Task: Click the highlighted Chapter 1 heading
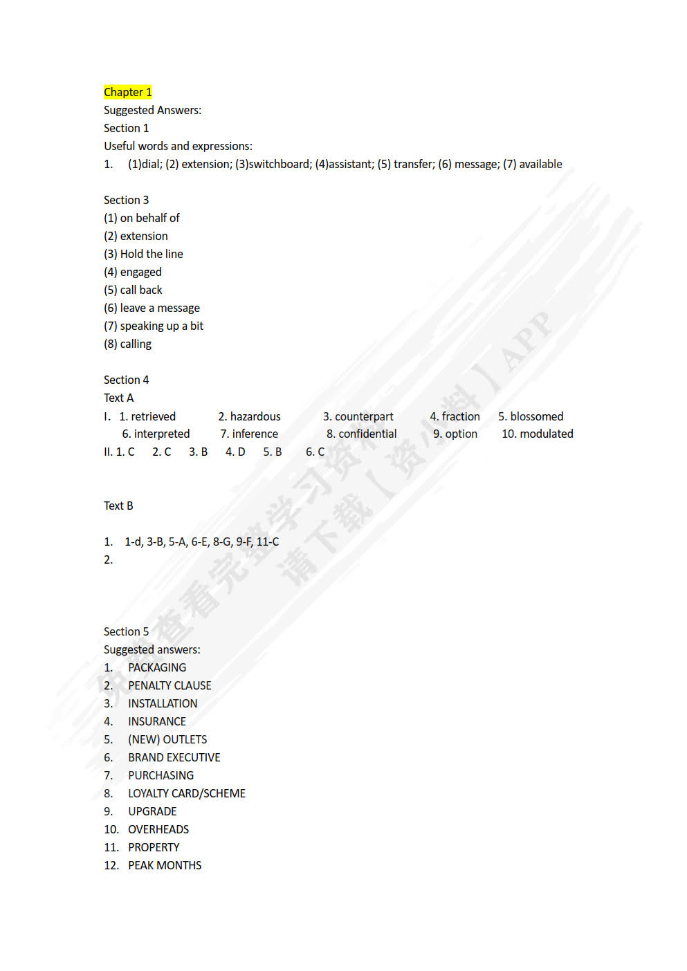[x=127, y=92]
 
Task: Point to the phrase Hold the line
[x=152, y=254]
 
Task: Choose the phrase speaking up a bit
[x=161, y=326]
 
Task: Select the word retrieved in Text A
[x=153, y=416]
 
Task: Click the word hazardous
[x=255, y=416]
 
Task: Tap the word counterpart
[x=364, y=416]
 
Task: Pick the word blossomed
[x=536, y=416]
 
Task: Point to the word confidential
[x=367, y=434]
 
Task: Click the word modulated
[x=546, y=434]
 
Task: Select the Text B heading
[x=118, y=506]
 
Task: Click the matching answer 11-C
[x=268, y=542]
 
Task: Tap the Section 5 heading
[x=126, y=631]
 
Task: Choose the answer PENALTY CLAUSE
[x=170, y=685]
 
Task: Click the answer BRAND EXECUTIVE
[x=174, y=757]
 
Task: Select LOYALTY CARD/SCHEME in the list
[x=186, y=793]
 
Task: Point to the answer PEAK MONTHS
[x=165, y=865]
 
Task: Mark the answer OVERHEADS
[x=158, y=829]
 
